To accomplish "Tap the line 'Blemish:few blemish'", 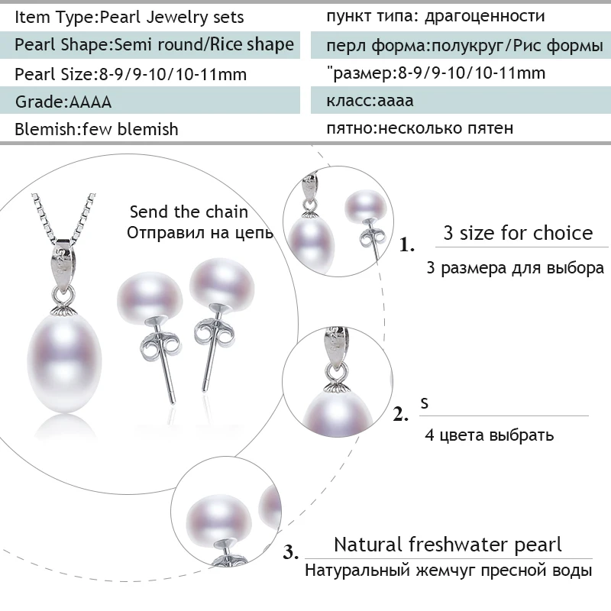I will pos(96,129).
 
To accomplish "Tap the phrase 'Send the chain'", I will pos(189,212).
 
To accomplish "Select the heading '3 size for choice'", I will pos(518,232).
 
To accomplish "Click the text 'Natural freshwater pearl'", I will pos(448,545).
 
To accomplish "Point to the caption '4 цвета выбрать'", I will pos(490,435).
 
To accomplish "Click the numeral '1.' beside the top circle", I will pos(408,246).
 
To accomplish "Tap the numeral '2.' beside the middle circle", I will pos(402,415).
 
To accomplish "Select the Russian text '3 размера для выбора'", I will pos(516,268).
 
